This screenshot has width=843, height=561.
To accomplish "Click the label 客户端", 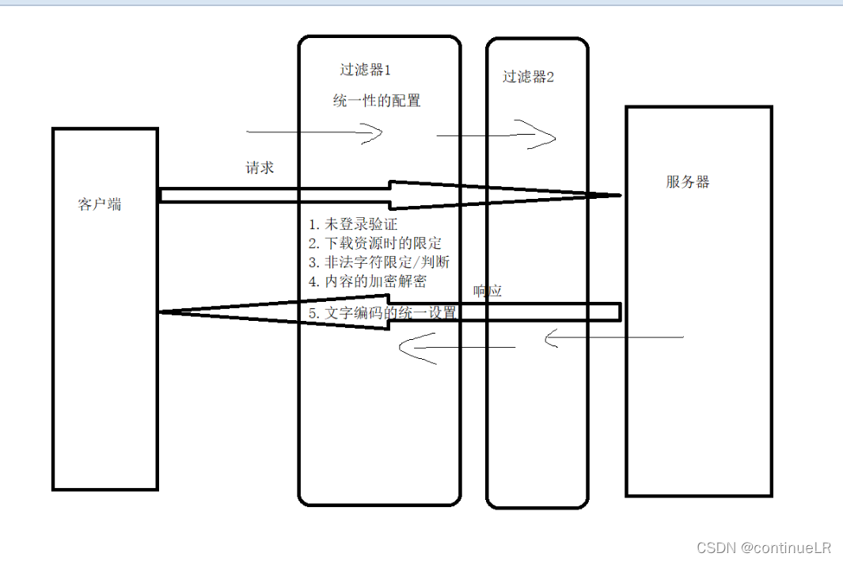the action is coord(100,204).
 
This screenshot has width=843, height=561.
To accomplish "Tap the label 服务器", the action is coord(688,181).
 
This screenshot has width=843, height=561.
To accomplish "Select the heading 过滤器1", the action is coord(366,70).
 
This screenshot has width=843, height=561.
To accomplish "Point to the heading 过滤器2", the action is coord(529,77).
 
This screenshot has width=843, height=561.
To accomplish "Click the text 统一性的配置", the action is coord(376,101).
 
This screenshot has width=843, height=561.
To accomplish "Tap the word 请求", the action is coord(260,168).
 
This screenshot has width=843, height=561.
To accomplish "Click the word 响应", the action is coord(488,292).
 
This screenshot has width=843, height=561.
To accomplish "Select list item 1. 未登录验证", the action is coord(353,225).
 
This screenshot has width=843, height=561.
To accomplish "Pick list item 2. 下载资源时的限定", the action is coord(375,243).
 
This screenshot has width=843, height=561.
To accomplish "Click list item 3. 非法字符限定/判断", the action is coord(380,262).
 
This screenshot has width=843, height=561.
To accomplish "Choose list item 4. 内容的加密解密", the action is coord(367,281).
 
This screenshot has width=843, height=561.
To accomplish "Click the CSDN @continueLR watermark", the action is coord(763,548).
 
